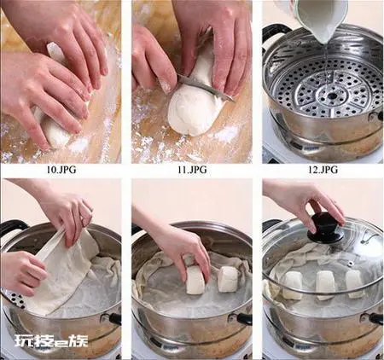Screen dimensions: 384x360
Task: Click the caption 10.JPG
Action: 61,170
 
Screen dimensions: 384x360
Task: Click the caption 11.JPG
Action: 192,170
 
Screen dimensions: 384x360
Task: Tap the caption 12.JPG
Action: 323,170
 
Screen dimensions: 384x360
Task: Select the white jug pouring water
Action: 319,18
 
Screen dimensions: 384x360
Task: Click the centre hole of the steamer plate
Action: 332,96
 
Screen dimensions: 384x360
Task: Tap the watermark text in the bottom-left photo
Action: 51,341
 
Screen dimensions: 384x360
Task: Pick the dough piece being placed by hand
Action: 195,280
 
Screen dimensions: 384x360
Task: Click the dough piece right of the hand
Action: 228,279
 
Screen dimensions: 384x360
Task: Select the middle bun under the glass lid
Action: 326,285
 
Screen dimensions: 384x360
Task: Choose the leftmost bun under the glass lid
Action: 293,285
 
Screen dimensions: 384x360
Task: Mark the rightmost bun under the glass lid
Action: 355,284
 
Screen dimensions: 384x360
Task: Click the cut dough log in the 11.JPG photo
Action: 194,100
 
